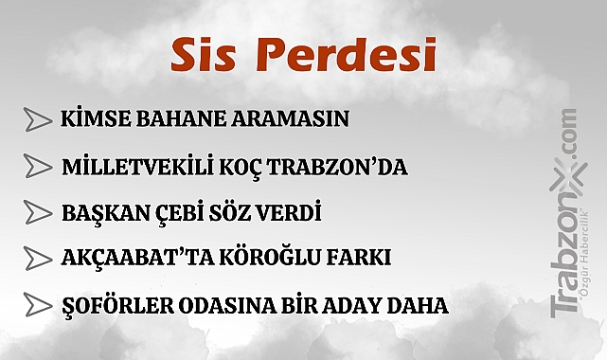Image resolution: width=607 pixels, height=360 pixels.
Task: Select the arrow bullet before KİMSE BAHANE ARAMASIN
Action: [38, 119]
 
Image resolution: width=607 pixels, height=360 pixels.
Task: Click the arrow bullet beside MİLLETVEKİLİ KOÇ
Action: [38, 166]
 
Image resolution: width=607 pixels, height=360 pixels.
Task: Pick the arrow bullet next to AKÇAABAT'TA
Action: [38, 258]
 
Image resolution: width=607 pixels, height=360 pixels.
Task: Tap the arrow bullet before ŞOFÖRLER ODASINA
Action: [38, 305]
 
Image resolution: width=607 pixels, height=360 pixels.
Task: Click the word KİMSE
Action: [92, 119]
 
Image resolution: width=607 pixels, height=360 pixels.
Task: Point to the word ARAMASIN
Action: [289, 119]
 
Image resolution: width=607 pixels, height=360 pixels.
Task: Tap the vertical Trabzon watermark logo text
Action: [564, 237]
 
